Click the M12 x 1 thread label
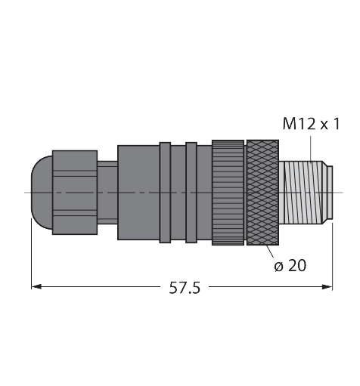coord(310,124)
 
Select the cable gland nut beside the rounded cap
coord(74,192)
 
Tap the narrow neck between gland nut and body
coord(107,192)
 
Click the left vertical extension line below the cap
coord(31,257)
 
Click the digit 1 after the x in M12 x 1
coord(334,124)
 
